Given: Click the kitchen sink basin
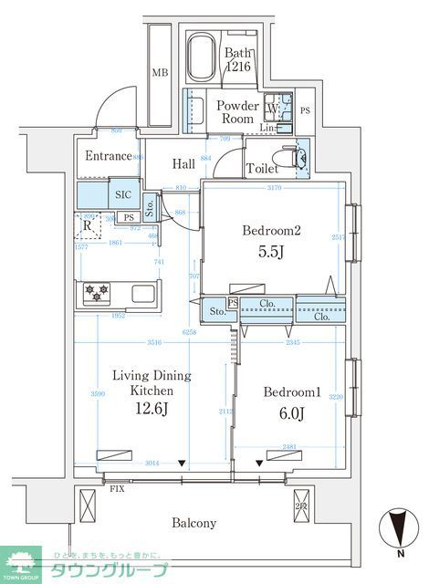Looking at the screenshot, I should click(144, 294).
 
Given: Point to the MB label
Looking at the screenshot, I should click(160, 73).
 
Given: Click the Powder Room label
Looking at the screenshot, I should click(237, 112).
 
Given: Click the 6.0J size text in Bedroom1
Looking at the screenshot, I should click(289, 412).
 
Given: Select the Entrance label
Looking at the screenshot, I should click(109, 156).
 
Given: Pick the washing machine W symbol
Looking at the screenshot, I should click(273, 111).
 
